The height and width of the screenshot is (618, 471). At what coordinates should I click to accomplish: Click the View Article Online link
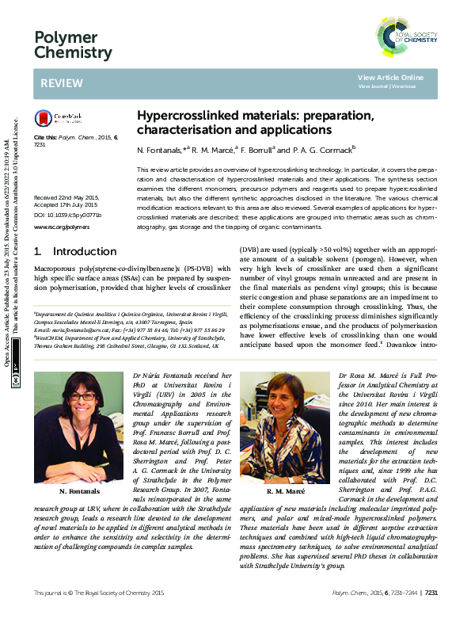tap(390, 78)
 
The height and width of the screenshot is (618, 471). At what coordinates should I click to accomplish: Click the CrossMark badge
tap(52, 120)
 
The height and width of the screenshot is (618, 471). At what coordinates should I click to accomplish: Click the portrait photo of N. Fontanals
tap(74, 418)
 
